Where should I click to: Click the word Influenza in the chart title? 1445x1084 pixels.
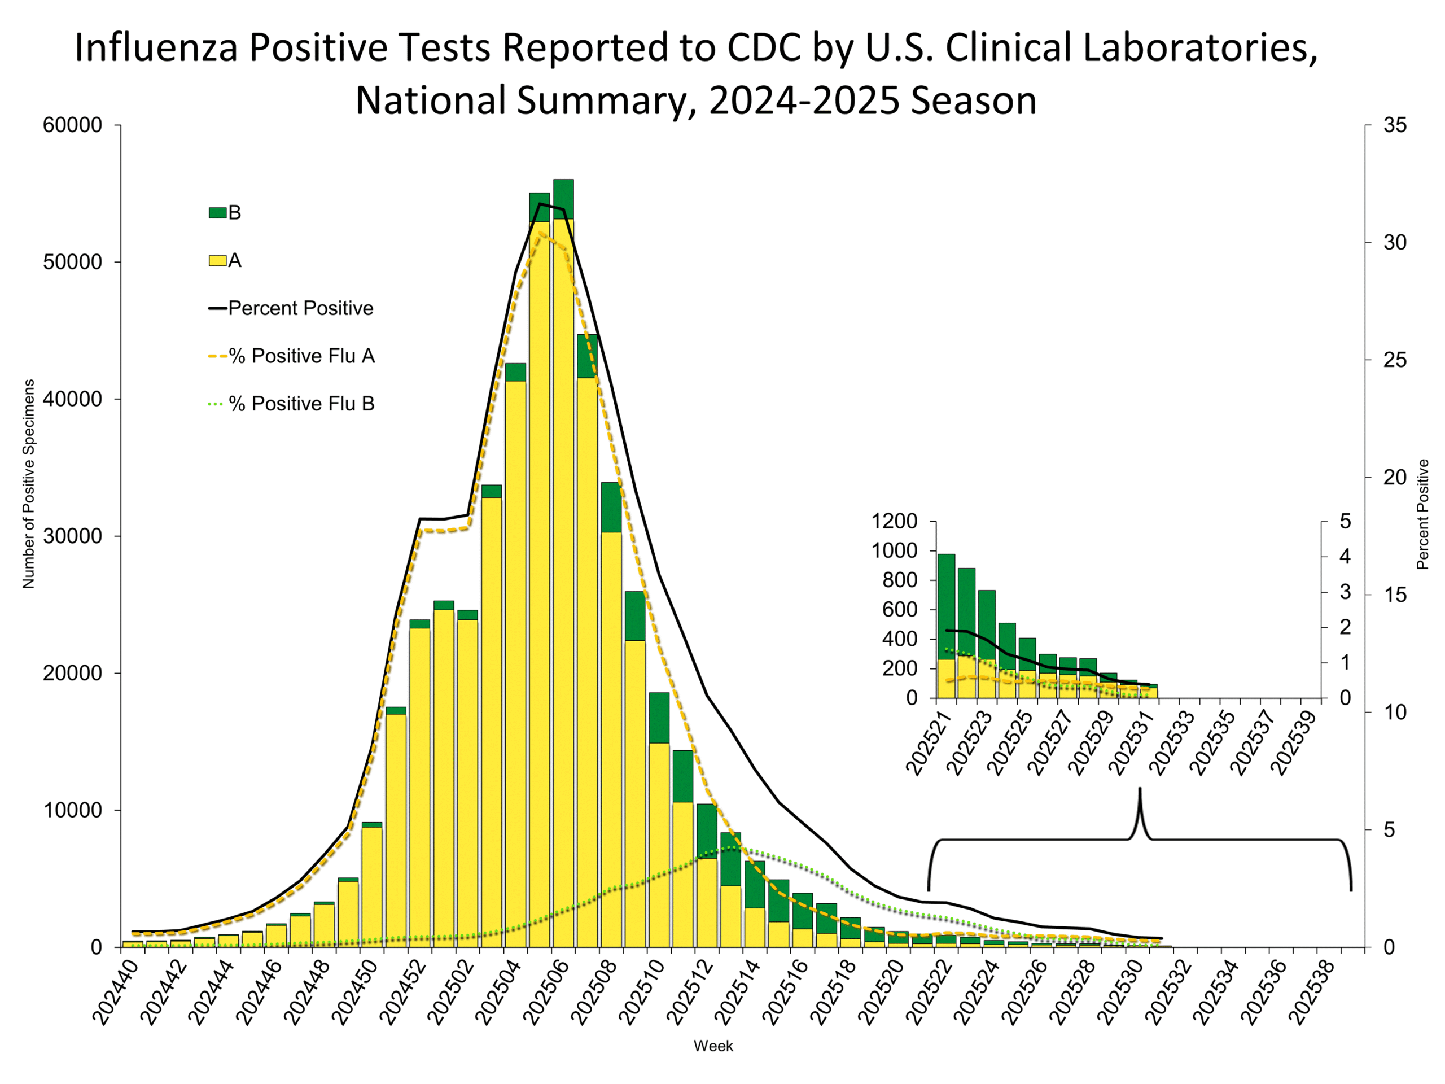coord(155,49)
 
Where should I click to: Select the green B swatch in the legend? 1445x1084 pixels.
coord(217,212)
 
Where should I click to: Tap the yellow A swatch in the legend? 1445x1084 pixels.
coord(217,261)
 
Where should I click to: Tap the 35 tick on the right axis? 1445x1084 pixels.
coord(1395,125)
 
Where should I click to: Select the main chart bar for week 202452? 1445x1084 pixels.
coord(419,784)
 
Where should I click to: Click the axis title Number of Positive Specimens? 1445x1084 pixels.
coord(28,483)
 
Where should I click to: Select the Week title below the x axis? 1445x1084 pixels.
coord(713,1046)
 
